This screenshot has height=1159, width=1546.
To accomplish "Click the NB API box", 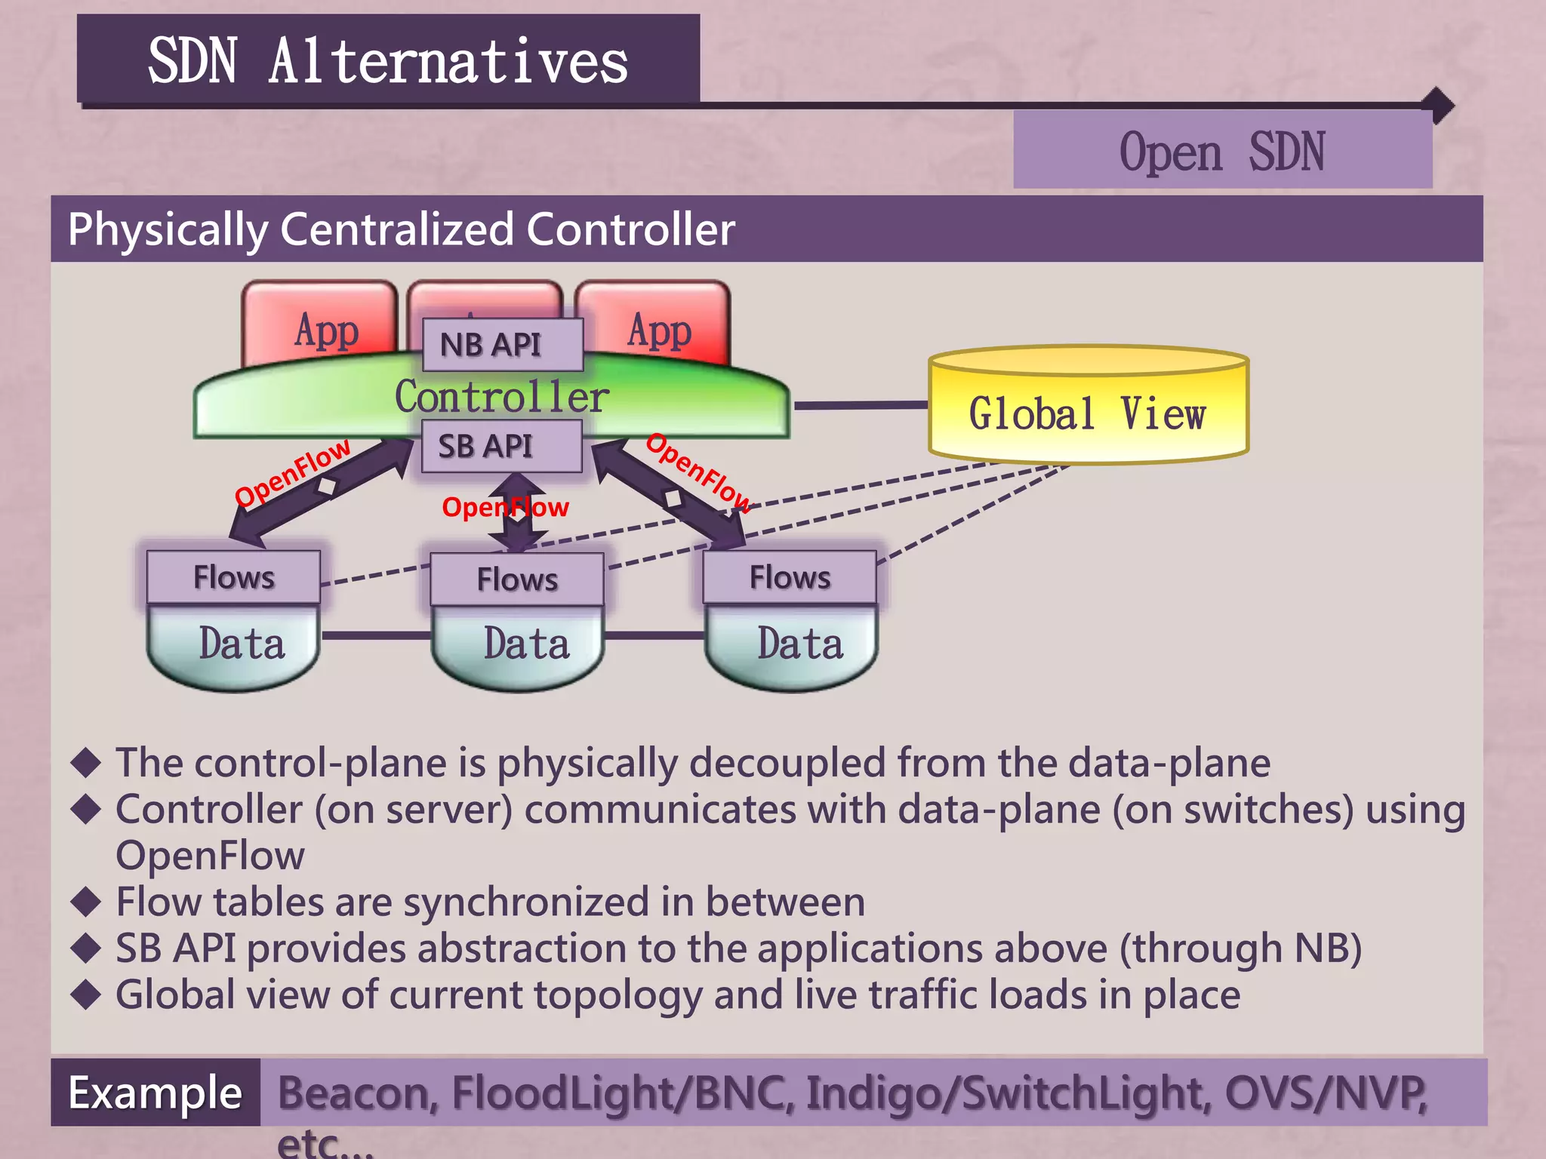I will point(502,345).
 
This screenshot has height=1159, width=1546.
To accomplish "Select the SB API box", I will point(501,446).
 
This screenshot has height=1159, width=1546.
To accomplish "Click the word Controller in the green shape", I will point(501,397).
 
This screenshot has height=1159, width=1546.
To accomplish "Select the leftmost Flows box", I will point(233,577).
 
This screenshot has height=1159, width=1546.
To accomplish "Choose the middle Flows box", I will point(517,579).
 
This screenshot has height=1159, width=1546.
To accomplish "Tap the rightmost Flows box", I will point(790,577).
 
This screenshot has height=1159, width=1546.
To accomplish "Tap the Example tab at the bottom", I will point(155,1093).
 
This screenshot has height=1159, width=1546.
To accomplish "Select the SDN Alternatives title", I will point(388,61).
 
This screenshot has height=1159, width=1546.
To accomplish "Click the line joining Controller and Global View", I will point(861,405).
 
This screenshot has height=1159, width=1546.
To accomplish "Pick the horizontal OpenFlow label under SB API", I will point(505,507).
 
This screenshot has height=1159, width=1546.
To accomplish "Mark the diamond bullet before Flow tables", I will point(86,901).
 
